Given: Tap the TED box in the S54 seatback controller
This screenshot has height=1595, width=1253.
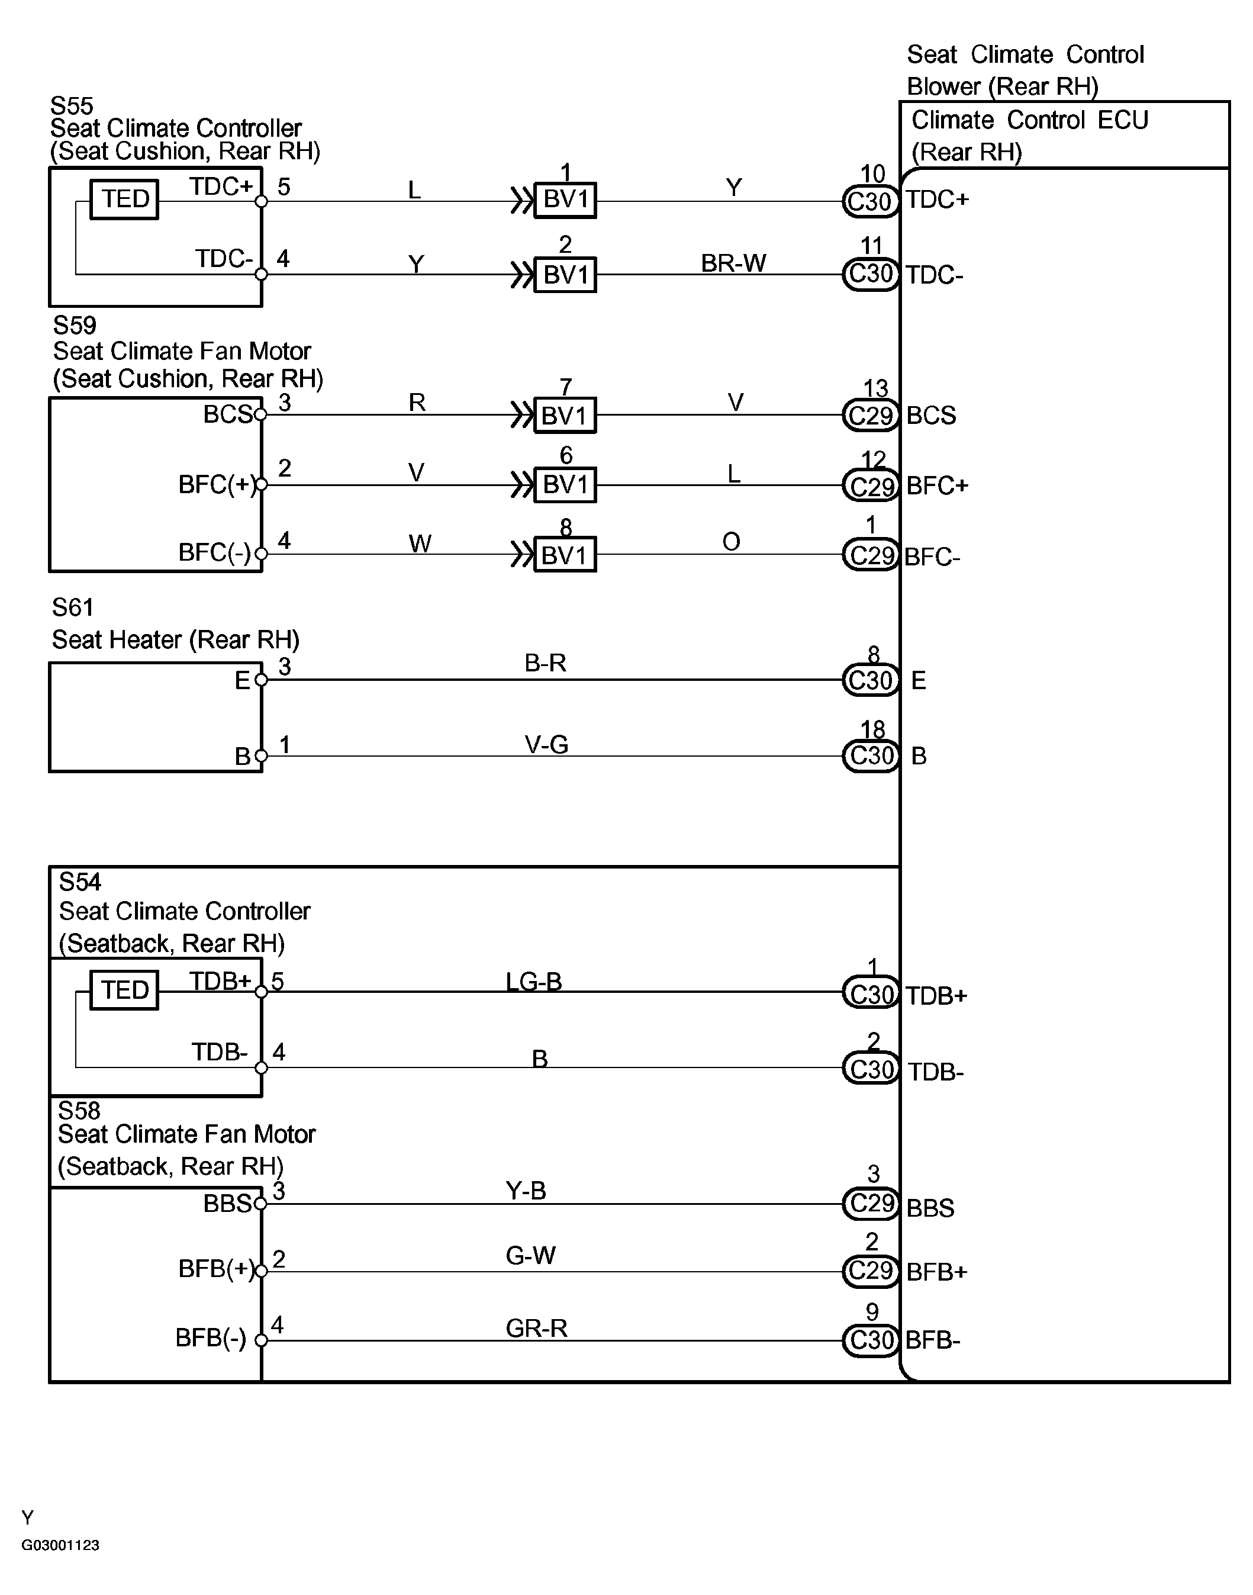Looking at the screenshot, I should (x=124, y=990).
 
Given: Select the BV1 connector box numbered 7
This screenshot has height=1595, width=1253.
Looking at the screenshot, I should (x=565, y=415).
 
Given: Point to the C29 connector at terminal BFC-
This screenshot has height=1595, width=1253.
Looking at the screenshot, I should (x=870, y=555).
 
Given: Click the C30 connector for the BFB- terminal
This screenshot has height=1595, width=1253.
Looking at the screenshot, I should (x=870, y=1340).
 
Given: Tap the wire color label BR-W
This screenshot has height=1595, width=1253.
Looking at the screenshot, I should (x=733, y=263).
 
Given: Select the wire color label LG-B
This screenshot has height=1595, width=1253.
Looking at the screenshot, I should (x=533, y=981).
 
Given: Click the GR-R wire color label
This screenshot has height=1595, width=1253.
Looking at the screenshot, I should (x=536, y=1328).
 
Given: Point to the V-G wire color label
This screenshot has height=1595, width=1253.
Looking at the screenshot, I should (x=546, y=745).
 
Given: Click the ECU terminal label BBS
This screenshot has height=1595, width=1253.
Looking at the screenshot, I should (x=930, y=1208).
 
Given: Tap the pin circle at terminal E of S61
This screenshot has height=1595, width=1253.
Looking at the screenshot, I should (x=261, y=680).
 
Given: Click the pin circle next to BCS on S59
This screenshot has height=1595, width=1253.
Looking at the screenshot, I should (x=260, y=415).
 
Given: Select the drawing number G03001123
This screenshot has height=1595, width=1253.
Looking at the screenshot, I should (x=61, y=1545).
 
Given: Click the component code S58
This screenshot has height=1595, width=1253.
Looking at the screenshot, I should (x=79, y=1110).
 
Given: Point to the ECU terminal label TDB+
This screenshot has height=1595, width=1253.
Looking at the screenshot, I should (x=937, y=996).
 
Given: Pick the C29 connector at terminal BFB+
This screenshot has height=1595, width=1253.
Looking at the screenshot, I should (x=870, y=1271).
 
